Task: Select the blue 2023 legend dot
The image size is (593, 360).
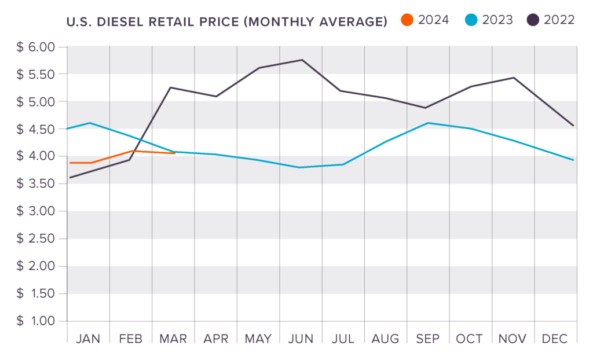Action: tap(471, 20)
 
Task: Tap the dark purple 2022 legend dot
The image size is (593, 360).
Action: tap(533, 20)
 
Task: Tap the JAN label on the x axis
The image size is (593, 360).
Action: tap(88, 338)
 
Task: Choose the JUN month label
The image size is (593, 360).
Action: tap(301, 338)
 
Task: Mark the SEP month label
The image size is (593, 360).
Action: tap(429, 338)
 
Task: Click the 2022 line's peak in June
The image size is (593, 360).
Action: tap(302, 60)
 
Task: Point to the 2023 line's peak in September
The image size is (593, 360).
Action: tap(428, 123)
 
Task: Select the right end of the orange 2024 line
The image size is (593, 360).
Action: tap(175, 153)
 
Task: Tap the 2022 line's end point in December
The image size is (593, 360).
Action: tap(573, 126)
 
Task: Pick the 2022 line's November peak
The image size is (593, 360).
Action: tap(513, 78)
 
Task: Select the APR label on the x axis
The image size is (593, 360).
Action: tap(215, 338)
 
